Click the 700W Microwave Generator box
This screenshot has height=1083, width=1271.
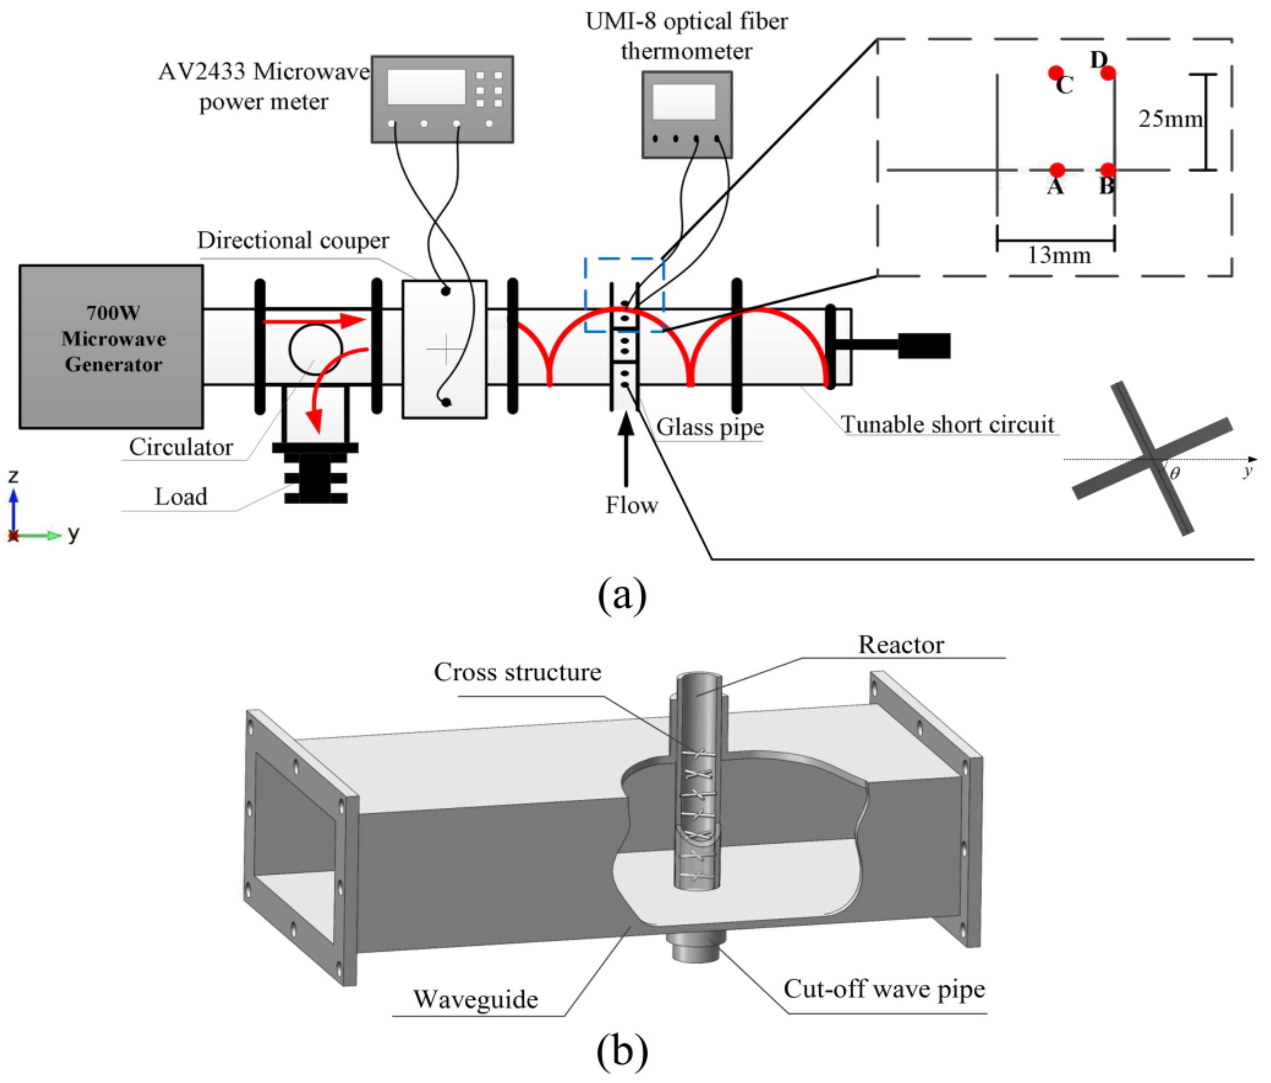[x=111, y=346]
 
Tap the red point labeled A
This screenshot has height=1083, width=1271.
[x=1057, y=170]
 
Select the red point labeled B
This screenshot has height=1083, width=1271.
[x=1108, y=170]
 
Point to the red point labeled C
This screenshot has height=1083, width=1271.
[x=1055, y=73]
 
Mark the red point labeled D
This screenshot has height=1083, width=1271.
[x=1108, y=73]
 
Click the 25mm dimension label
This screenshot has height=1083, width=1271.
[x=1170, y=119]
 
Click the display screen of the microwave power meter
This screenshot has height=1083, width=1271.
[x=426, y=87]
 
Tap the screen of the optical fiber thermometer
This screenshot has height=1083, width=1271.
[x=684, y=101]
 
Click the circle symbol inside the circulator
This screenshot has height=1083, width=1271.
[x=315, y=348]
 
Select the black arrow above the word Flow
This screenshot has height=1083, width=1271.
[x=625, y=450]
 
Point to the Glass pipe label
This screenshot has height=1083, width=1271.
[x=710, y=427]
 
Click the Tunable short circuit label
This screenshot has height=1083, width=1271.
[x=947, y=424]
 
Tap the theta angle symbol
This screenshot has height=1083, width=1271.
[x=1174, y=473]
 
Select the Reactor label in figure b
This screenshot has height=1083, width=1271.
[x=901, y=645]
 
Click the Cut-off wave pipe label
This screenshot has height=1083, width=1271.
[x=884, y=989]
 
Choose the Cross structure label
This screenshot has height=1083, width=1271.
[x=518, y=672]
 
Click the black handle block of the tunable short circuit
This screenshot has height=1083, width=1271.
[x=924, y=346]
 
